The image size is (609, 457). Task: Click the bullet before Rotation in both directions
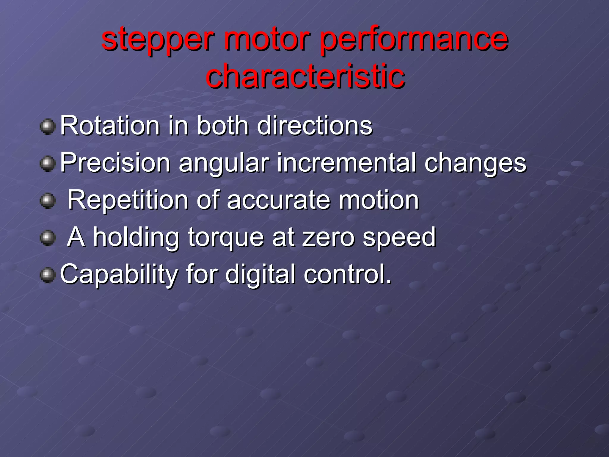[x=48, y=127]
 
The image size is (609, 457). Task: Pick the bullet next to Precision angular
[x=48, y=164]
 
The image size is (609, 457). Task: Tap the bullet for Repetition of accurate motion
[x=48, y=201]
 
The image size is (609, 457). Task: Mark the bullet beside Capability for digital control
[x=48, y=275]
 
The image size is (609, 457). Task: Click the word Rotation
[x=110, y=126]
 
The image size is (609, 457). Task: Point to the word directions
[x=315, y=126]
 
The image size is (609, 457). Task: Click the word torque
[x=226, y=237]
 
